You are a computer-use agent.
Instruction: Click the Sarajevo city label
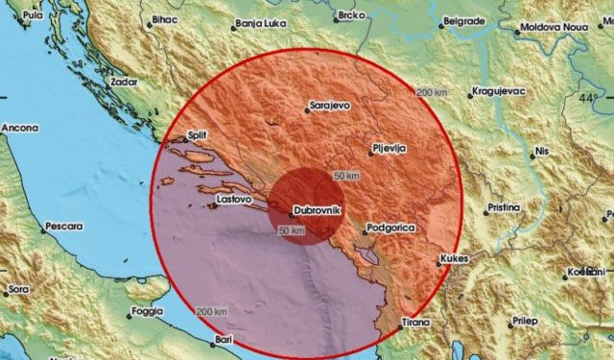point(328,107)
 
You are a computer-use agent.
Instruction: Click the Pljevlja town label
point(389,149)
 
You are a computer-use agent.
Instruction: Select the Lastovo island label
point(234,199)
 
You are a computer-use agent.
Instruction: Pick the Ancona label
point(19,127)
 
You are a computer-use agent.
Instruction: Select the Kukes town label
point(453,258)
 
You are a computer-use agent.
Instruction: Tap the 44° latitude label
point(587,98)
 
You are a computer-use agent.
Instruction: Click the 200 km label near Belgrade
point(433,91)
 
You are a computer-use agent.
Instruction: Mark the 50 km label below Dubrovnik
point(291,231)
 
